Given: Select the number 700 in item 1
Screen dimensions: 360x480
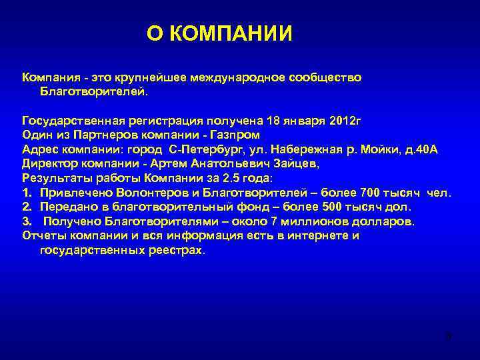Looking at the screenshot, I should click(x=371, y=193).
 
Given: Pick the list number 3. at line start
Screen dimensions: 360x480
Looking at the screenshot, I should click(x=27, y=222).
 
